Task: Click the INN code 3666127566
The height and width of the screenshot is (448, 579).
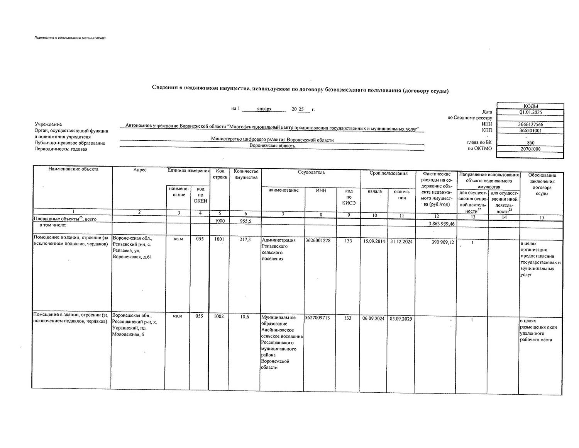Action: point(530,124)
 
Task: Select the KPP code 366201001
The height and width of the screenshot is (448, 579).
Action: point(530,131)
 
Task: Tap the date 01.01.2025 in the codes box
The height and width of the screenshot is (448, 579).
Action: point(530,112)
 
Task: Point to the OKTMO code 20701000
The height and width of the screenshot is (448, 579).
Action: point(530,149)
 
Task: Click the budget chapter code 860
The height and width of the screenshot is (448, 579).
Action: point(530,143)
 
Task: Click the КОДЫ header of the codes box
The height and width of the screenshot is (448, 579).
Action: point(530,106)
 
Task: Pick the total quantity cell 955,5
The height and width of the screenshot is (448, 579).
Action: point(245,221)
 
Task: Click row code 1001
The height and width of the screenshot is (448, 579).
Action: point(219,239)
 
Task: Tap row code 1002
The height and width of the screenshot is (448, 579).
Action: point(219,317)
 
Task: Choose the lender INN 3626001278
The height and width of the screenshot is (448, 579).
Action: point(318,240)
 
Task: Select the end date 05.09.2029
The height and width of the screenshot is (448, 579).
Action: point(401,319)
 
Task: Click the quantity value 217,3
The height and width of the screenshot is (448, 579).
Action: point(245,240)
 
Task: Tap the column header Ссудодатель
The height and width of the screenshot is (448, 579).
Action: point(311,172)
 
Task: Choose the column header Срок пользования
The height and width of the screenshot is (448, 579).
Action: point(388,173)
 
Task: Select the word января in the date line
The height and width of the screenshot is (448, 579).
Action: point(264,109)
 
